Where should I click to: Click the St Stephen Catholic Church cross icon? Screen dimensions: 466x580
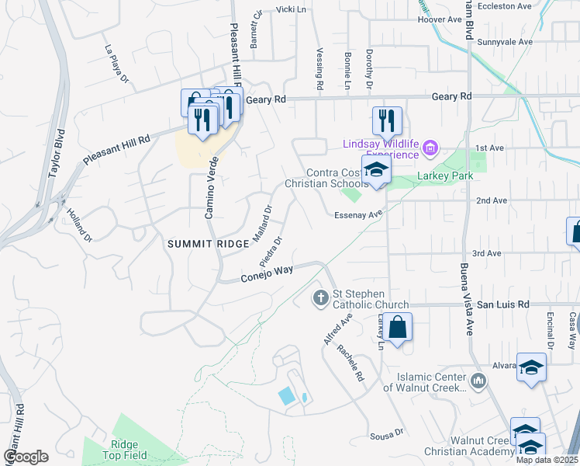(320, 297)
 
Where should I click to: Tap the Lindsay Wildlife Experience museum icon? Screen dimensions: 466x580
(432, 146)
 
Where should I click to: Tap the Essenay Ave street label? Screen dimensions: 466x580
(360, 215)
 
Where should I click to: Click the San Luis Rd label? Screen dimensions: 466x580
(502, 305)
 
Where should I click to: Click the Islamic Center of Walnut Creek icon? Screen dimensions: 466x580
(478, 381)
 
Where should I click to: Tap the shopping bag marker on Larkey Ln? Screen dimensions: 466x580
(397, 327)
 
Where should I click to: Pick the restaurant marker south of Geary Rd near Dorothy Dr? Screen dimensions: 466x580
(386, 121)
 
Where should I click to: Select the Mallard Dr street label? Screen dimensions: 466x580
(262, 223)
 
